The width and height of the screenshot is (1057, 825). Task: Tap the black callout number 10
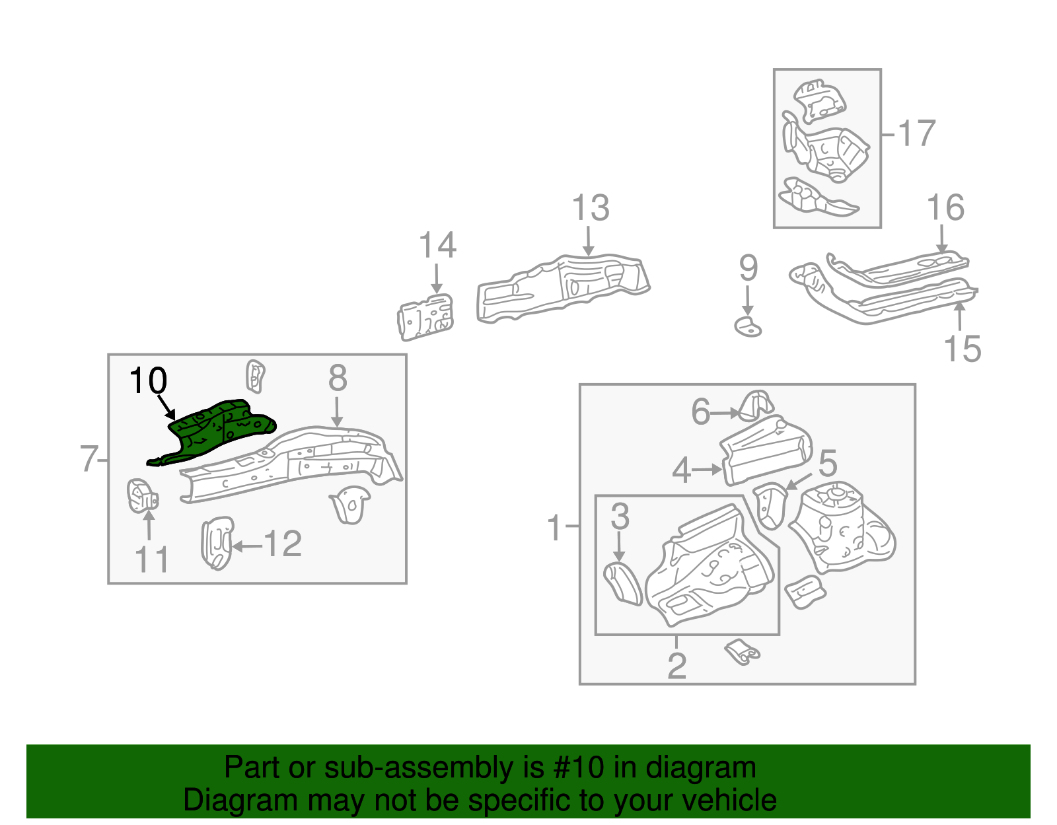tap(148, 381)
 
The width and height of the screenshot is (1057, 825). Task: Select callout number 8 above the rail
tap(337, 378)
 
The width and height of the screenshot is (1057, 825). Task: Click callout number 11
tap(151, 559)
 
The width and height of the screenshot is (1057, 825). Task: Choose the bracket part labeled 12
tap(217, 543)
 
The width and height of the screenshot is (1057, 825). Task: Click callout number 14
tap(437, 245)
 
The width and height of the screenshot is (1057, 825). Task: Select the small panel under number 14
tap(427, 317)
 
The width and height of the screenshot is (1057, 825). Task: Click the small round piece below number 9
tap(748, 326)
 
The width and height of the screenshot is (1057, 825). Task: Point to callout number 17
tap(916, 133)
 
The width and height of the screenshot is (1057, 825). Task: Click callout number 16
tap(945, 208)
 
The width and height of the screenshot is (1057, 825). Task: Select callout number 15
tap(963, 349)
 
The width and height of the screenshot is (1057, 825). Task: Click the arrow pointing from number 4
tap(708, 470)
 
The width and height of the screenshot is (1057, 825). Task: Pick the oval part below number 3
tap(623, 583)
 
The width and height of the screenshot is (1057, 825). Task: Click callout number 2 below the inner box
tap(676, 665)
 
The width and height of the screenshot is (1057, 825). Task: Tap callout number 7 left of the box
tap(89, 459)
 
